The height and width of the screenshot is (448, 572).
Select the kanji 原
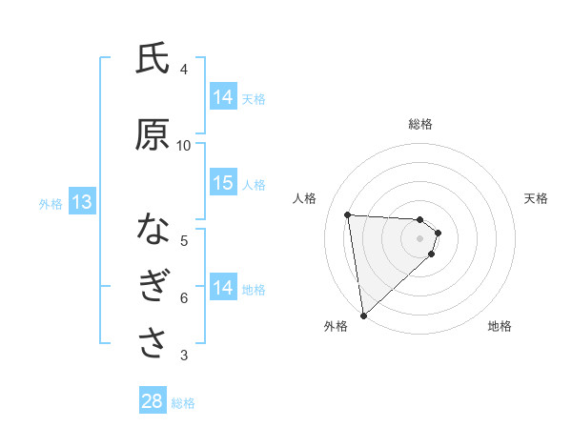[x=153, y=135]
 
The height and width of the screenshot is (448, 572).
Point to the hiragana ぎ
[x=153, y=288]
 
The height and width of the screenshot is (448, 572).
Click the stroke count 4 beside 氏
[x=184, y=70]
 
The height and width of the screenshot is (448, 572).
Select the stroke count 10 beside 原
[x=184, y=145]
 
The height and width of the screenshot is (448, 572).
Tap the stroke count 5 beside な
[x=184, y=240]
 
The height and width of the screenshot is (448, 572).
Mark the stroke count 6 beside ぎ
[x=184, y=298]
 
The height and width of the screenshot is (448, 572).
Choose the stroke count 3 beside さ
[x=184, y=356]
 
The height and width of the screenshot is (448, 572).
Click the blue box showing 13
[x=81, y=202]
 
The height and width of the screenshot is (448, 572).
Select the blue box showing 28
[x=153, y=401]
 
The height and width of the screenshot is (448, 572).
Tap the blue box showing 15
[x=223, y=183]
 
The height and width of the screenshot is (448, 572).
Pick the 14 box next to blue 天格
[x=223, y=97]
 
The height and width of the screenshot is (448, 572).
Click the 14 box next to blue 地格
[x=223, y=288]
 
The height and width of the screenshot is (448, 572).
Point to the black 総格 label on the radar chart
[x=420, y=124]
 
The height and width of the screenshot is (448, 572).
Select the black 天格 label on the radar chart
[x=536, y=198]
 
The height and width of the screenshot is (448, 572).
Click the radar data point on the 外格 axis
[x=363, y=315]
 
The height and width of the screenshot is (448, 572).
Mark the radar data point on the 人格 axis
[x=348, y=214]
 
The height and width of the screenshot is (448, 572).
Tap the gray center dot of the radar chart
[x=420, y=251]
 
